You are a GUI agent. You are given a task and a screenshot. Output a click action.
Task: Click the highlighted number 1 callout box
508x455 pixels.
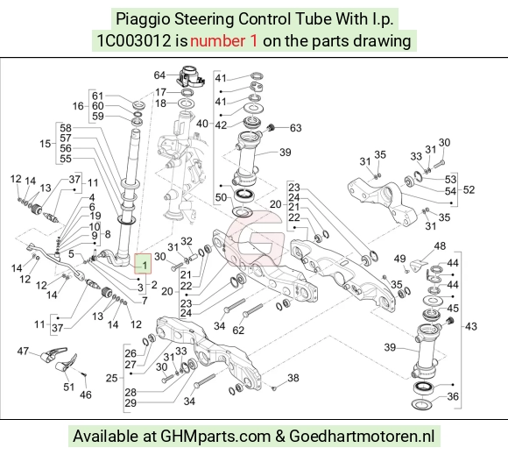(x=143, y=264)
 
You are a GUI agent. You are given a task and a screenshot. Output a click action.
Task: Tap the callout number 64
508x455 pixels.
(x=159, y=75)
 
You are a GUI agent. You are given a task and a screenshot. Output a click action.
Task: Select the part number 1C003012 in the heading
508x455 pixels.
(x=134, y=41)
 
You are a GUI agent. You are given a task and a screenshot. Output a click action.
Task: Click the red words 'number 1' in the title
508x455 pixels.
(x=224, y=41)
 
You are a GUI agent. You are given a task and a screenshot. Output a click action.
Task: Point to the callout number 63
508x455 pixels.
(x=295, y=128)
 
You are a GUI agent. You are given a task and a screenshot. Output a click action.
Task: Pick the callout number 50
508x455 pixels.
(x=221, y=197)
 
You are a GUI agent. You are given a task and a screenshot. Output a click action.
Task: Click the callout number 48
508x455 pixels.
(x=440, y=245)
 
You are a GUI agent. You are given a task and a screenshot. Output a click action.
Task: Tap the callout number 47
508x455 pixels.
(x=23, y=351)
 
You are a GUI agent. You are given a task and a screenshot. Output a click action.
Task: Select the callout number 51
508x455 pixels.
(x=68, y=387)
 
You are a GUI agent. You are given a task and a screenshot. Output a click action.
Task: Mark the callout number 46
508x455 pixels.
(x=86, y=395)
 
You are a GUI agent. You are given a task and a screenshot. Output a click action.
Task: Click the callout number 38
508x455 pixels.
(x=293, y=378)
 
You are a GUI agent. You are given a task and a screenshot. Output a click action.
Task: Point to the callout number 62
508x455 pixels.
(x=238, y=331)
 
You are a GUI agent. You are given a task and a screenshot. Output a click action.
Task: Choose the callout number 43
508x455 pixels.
(x=470, y=326)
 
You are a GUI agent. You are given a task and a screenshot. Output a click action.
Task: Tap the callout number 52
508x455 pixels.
(x=469, y=189)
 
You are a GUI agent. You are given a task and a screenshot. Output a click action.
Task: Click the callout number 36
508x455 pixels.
(x=453, y=396)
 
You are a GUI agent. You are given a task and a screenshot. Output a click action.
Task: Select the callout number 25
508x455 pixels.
(x=112, y=378)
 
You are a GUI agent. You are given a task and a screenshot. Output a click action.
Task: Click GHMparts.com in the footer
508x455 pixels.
(x=215, y=437)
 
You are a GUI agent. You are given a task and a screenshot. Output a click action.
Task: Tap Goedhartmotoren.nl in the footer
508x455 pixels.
(x=362, y=437)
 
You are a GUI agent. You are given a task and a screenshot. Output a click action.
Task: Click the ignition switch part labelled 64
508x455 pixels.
(x=191, y=76)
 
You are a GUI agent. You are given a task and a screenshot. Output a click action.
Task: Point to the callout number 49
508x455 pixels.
(x=399, y=259)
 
